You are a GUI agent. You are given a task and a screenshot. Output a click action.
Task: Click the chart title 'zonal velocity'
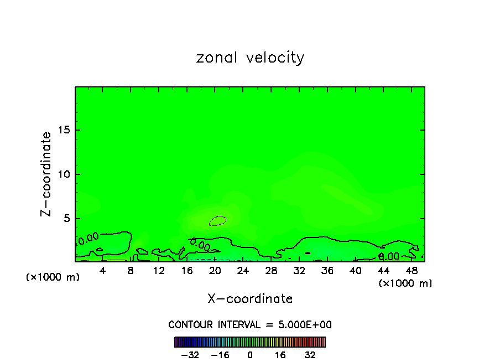(x=250, y=58)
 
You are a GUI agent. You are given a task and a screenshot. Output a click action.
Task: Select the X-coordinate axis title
(x=250, y=299)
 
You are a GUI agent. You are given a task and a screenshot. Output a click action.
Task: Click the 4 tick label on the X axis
(x=103, y=270)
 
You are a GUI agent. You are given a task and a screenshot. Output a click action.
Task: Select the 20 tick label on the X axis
(x=215, y=270)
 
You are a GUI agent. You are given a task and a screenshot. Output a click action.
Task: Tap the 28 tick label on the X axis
(x=271, y=270)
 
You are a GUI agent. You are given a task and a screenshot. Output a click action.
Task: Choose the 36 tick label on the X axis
(x=327, y=270)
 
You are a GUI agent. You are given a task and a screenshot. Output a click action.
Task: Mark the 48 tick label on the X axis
(x=412, y=270)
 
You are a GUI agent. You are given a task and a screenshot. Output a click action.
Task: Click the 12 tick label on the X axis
(x=159, y=270)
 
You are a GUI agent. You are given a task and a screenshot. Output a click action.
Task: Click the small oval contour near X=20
(x=217, y=220)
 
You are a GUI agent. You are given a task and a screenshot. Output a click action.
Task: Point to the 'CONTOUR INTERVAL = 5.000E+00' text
(x=250, y=324)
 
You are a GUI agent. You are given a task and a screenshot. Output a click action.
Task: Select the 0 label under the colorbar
(x=250, y=355)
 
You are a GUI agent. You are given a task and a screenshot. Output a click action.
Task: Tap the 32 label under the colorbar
(x=310, y=355)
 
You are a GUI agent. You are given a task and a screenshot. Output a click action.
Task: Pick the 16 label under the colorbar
(x=280, y=355)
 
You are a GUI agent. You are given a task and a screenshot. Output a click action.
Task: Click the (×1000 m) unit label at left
(x=53, y=277)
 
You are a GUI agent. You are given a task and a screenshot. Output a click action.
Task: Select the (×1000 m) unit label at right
(x=405, y=283)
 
